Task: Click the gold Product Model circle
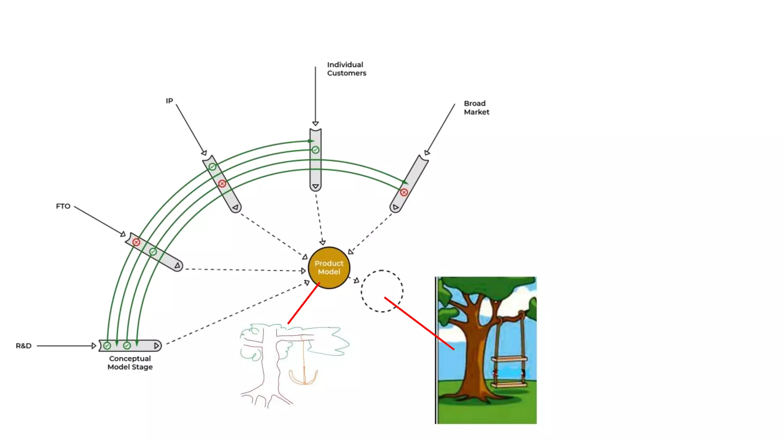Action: [329, 268]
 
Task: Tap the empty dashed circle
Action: [382, 291]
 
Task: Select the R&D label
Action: [23, 346]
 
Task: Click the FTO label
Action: [63, 206]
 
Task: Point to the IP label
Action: [169, 101]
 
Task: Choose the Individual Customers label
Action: [346, 69]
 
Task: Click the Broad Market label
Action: [476, 108]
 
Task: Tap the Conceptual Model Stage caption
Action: [130, 363]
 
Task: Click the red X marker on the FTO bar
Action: [136, 242]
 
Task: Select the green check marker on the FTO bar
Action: [153, 252]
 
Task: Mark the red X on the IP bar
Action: [222, 184]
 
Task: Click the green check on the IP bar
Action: [212, 167]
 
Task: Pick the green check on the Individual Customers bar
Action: [315, 150]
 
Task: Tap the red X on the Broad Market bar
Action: [404, 192]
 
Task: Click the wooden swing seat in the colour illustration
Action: [509, 359]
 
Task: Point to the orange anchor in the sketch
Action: [304, 377]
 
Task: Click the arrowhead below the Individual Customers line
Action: [315, 123]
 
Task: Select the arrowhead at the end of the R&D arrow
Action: [94, 346]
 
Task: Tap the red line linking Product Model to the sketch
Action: [304, 303]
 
